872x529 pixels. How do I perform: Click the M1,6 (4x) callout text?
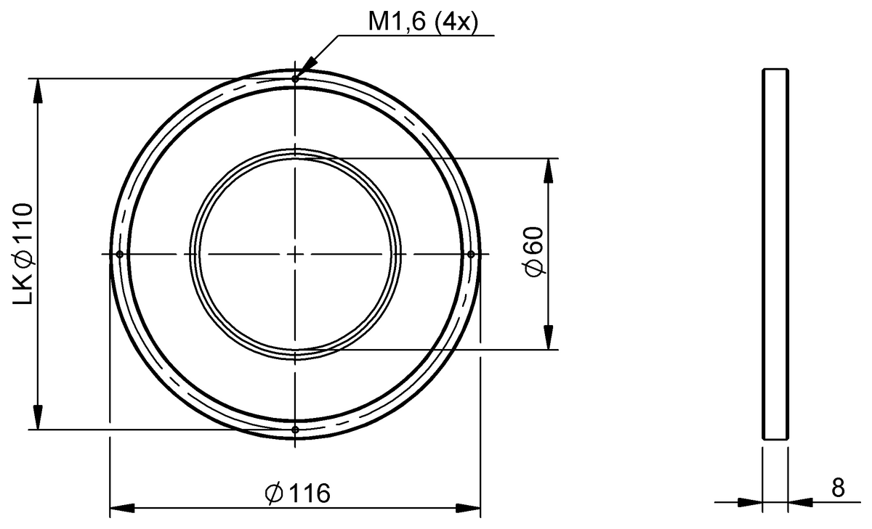[x=421, y=22]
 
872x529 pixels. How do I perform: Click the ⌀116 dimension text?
[x=298, y=493]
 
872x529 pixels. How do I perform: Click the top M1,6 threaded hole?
[x=295, y=78]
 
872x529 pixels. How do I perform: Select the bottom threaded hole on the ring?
[x=295, y=430]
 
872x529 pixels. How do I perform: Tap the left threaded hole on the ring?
[x=119, y=254]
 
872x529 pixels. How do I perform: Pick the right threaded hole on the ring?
[x=471, y=254]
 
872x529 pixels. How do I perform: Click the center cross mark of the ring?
[x=295, y=254]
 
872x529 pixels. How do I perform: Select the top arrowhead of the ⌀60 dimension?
[x=547, y=168]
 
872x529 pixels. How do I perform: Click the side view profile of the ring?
[x=775, y=254]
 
